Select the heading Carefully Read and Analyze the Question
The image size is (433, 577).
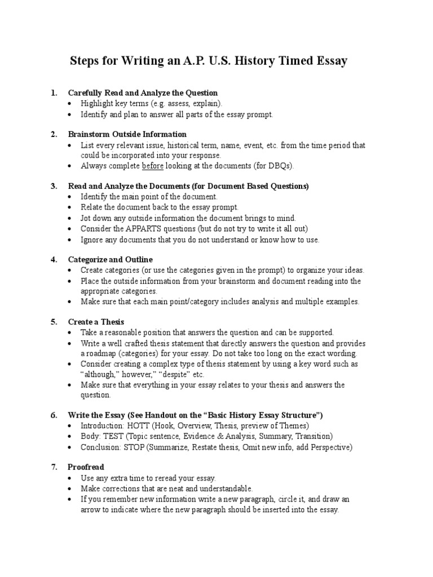pyautogui.click(x=143, y=92)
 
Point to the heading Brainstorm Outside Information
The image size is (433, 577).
pyautogui.click(x=127, y=134)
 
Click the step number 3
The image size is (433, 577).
pyautogui.click(x=54, y=186)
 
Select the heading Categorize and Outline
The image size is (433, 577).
pyautogui.click(x=110, y=259)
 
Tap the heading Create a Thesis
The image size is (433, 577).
pyautogui.click(x=95, y=322)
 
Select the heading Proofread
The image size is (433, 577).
pyautogui.click(x=86, y=467)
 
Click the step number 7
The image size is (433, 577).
pyautogui.click(x=54, y=467)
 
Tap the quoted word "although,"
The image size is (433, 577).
pyautogui.click(x=102, y=374)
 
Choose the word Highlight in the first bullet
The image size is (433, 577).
pyautogui.click(x=98, y=104)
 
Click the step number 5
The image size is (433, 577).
pyautogui.click(x=54, y=322)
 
